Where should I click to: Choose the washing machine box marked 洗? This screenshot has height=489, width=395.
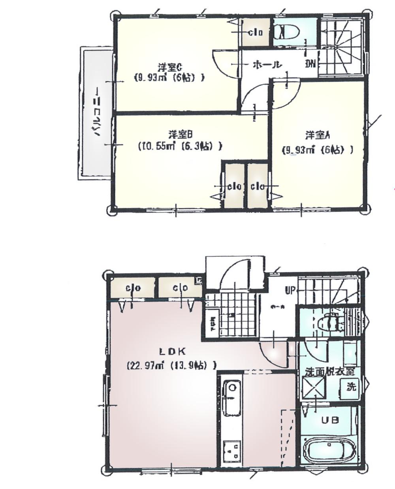point(350,386)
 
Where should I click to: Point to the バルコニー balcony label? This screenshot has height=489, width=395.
point(96,113)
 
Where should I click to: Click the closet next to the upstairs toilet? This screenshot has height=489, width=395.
point(255,32)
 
